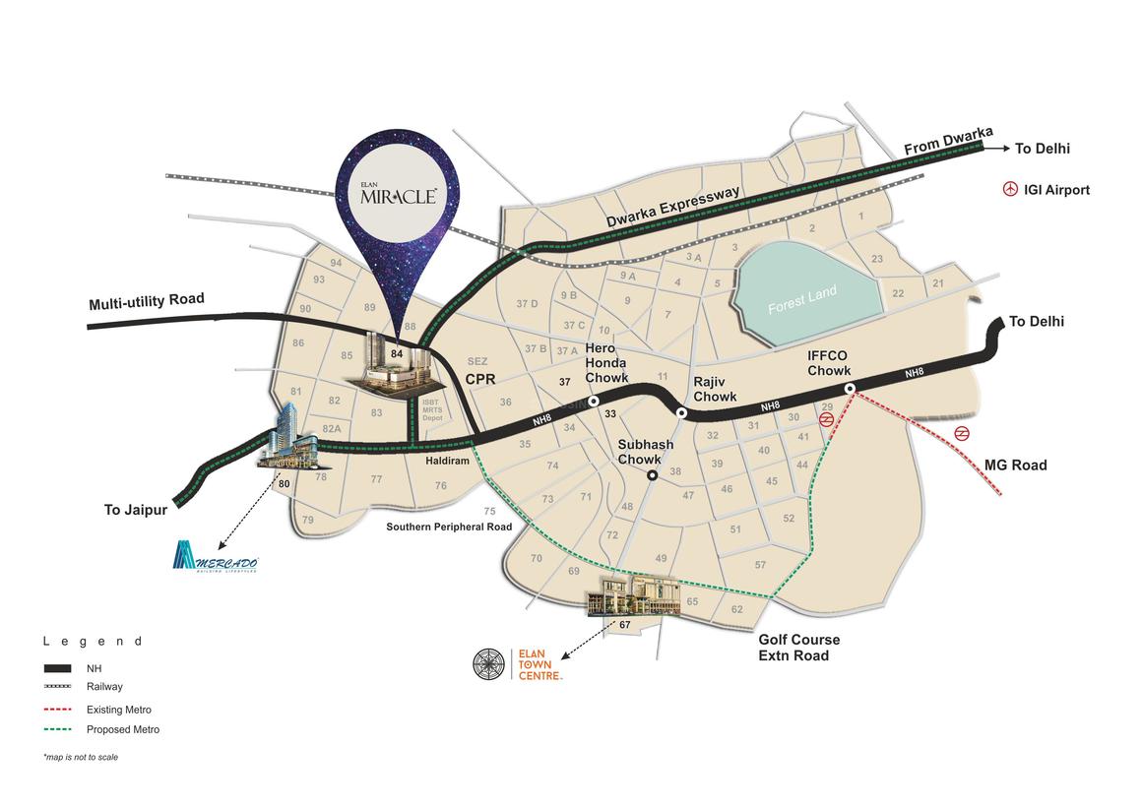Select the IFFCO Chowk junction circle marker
[849, 389]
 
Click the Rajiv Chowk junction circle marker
[681, 412]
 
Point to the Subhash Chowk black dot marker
[652, 476]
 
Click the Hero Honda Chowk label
[606, 363]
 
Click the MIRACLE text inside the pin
[399, 196]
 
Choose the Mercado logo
[215, 557]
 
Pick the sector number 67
[624, 625]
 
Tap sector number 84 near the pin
[397, 353]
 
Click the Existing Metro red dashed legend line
[58, 709]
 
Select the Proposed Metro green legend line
[58, 729]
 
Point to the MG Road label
[1015, 465]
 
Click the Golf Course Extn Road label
[798, 648]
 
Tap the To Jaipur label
[136, 510]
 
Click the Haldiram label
[447, 461]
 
